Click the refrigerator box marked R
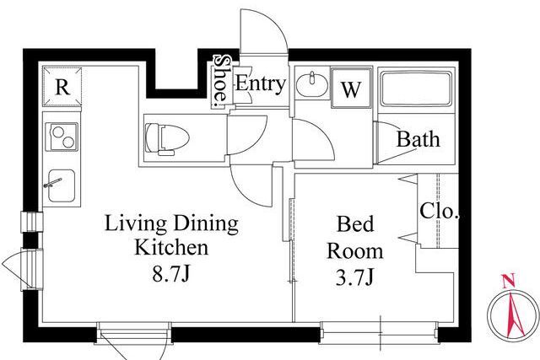tap(62, 87)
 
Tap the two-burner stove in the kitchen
tap(64, 137)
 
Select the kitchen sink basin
tap(62, 185)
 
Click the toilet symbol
tap(167, 139)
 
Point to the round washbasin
tap(312, 84)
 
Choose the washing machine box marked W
tap(351, 89)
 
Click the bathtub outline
tap(416, 89)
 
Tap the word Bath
tap(418, 139)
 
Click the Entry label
tap(261, 83)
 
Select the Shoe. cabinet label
tap(220, 80)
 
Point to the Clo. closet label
tap(440, 211)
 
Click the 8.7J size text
tap(171, 274)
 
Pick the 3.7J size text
tap(354, 277)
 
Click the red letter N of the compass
tap(508, 281)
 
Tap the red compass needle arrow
tap(514, 314)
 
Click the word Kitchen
tap(171, 247)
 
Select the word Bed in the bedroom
tap(355, 224)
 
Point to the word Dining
tap(206, 224)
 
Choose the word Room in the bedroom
tap(355, 251)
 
